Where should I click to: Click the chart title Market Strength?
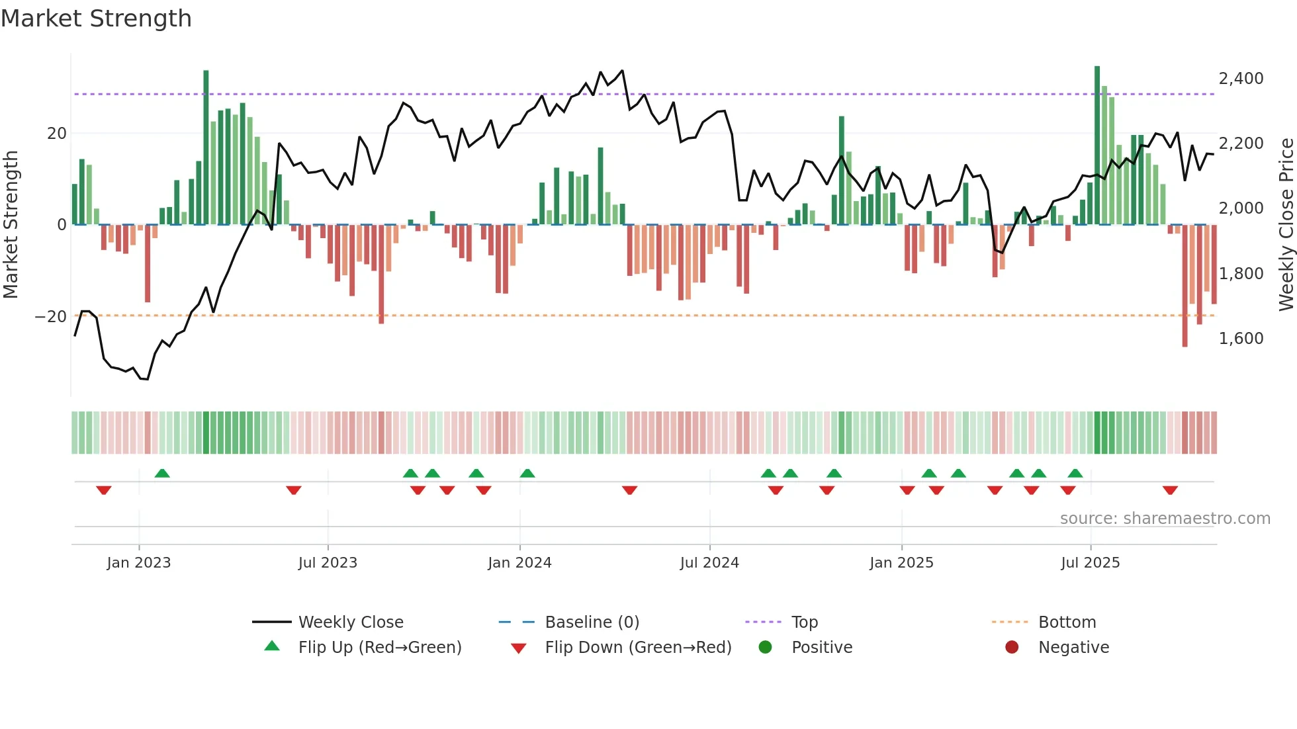click(x=96, y=19)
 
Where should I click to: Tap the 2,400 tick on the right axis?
click(x=1241, y=78)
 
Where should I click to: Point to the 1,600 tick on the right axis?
click(x=1241, y=338)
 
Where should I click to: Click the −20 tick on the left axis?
click(x=50, y=316)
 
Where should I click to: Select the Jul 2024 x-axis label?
click(x=709, y=562)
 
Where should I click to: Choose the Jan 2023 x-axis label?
click(x=138, y=562)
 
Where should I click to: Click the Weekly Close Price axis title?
click(x=1286, y=224)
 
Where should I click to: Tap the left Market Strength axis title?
click(x=11, y=224)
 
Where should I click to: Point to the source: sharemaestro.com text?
click(x=1165, y=518)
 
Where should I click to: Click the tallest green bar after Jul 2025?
click(x=1097, y=146)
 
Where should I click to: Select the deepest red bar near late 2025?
click(x=1185, y=284)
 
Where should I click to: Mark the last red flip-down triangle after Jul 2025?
click(x=1170, y=490)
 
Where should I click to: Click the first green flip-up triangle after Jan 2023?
click(x=162, y=473)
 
